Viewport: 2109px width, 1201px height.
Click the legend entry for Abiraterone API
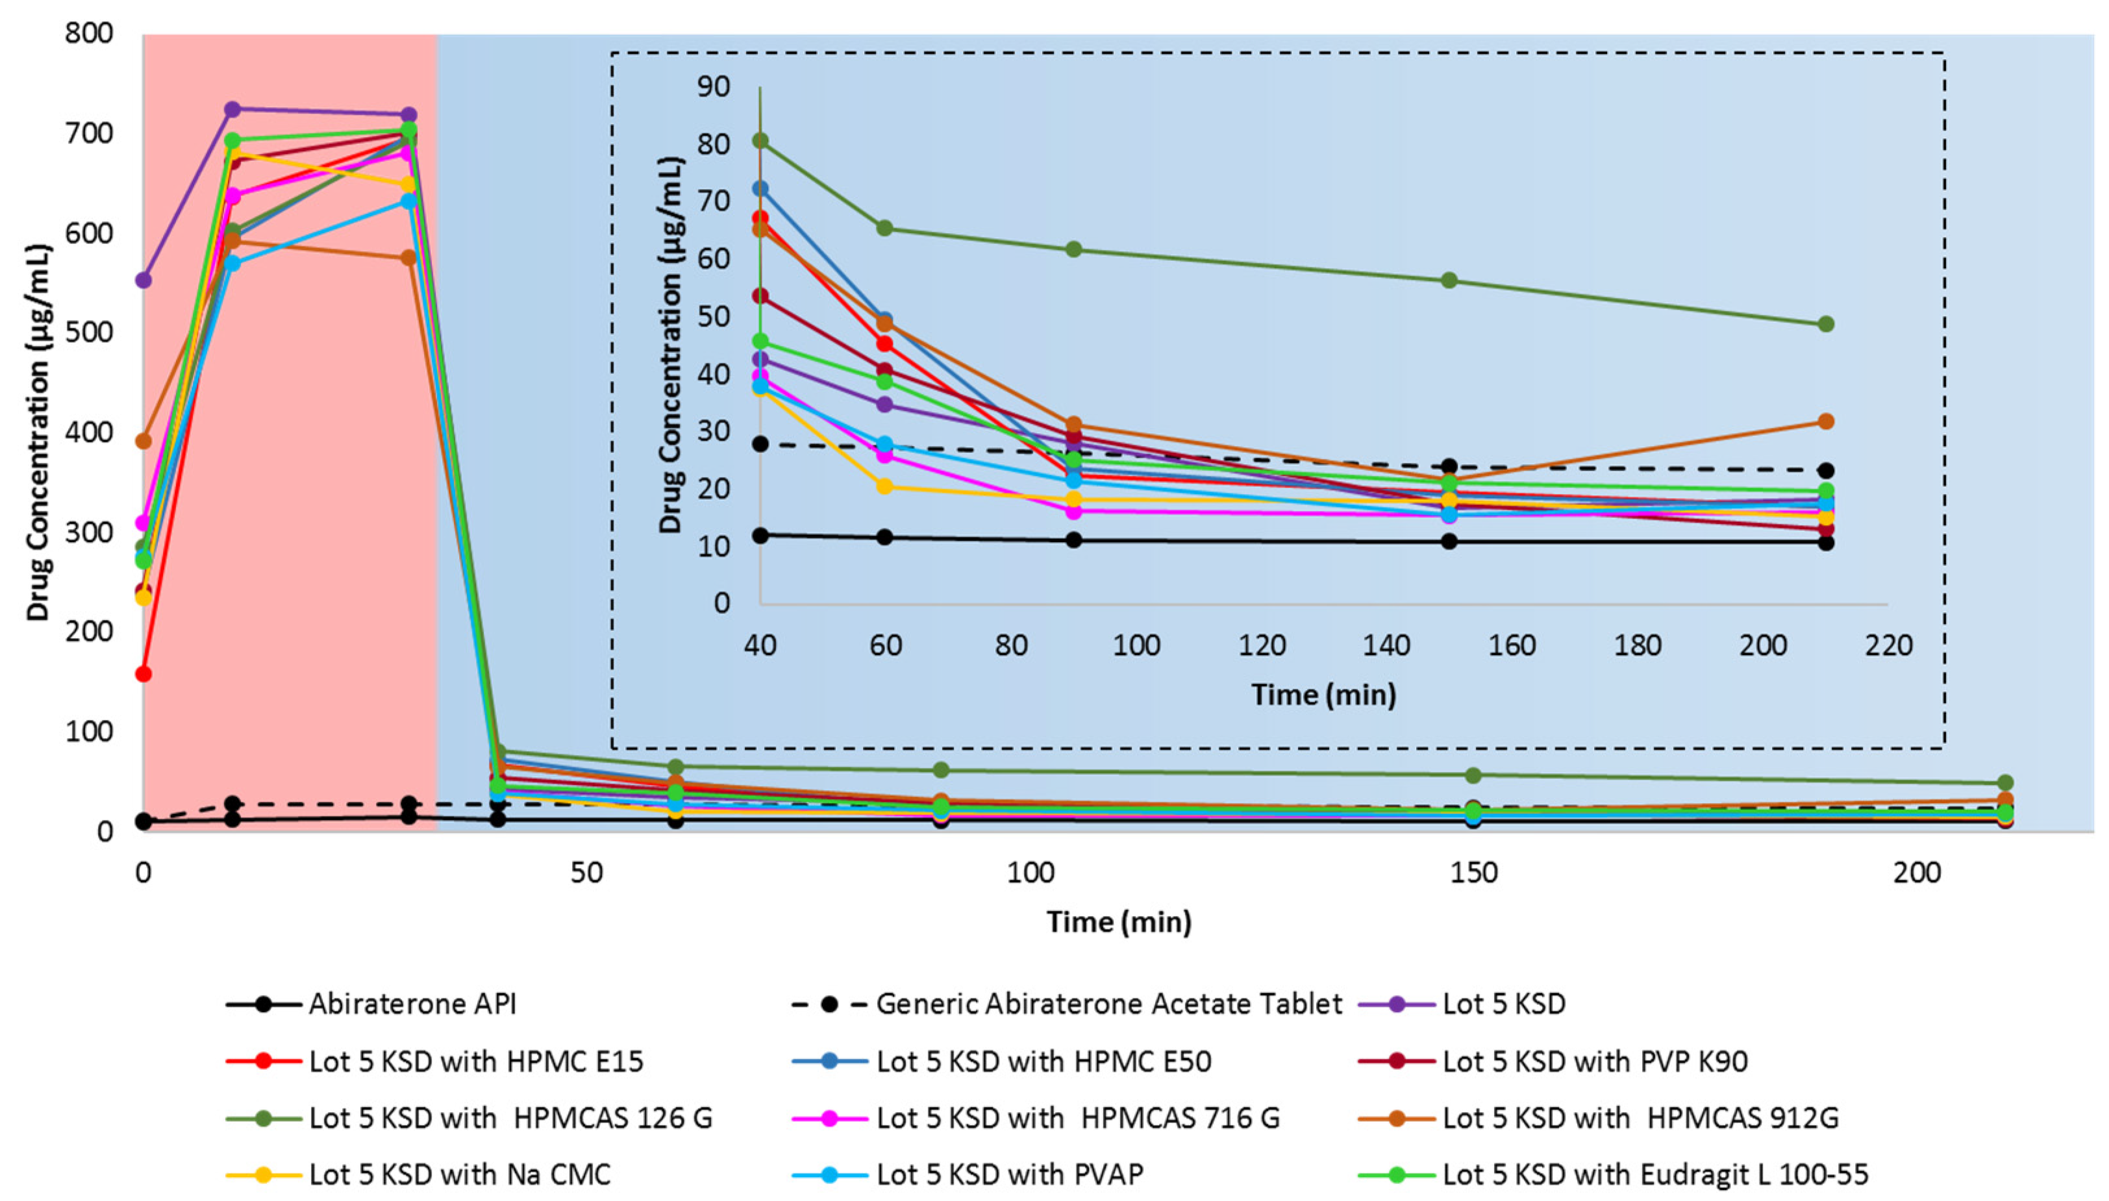412,1004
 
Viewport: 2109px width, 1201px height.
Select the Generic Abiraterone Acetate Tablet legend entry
1108,1004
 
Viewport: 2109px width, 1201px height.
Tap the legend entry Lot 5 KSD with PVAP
1009,1174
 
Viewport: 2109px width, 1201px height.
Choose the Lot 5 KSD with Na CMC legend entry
460,1174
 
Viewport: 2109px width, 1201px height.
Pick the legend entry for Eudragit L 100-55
1654,1174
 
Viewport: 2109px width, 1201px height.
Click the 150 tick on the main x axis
1473,873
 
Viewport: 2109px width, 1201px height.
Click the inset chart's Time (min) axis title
1323,695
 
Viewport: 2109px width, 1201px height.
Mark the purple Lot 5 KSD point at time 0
144,280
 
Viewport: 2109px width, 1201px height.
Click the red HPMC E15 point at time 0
144,674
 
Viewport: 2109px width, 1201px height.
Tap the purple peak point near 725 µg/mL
232,110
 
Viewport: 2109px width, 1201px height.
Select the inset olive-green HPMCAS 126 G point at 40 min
760,141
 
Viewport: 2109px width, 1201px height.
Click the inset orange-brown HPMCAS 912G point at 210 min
1825,421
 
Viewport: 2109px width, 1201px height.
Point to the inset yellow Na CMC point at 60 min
884,487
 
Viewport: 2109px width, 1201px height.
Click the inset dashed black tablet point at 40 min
760,444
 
